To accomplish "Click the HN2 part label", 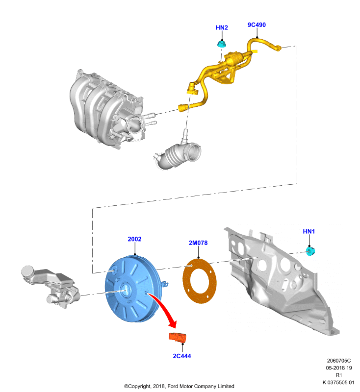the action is [x=222, y=27].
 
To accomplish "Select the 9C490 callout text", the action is [x=257, y=25].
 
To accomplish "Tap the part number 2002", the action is [x=134, y=239].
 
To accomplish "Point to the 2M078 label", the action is [x=198, y=243].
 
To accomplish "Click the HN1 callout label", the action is [x=309, y=231].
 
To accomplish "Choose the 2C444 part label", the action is [x=182, y=356].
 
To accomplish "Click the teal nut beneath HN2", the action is [x=222, y=44].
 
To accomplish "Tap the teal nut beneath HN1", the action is [x=310, y=251].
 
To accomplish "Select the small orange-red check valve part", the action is [x=178, y=337].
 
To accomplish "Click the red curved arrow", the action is [x=165, y=308].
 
